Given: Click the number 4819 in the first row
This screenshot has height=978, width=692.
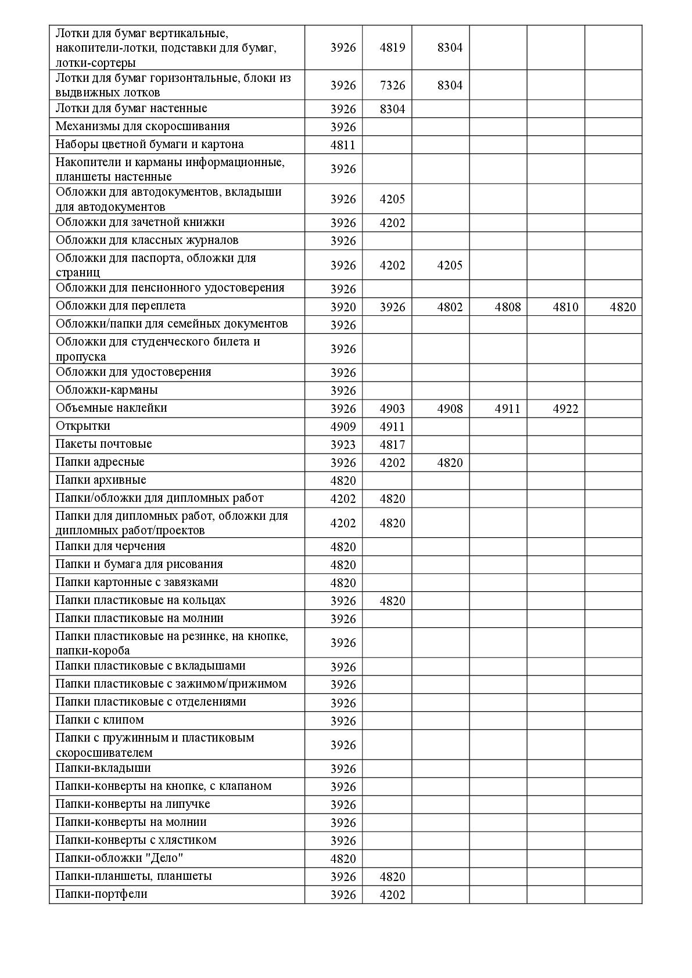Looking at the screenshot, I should pyautogui.click(x=392, y=48).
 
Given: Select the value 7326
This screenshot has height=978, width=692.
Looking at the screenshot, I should pyautogui.click(x=392, y=85).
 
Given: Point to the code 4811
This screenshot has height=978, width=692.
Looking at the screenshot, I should pyautogui.click(x=343, y=145).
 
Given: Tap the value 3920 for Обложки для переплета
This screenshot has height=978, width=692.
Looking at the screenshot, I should pyautogui.click(x=343, y=307).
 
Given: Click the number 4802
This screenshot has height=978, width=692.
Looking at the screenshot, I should pyautogui.click(x=450, y=307).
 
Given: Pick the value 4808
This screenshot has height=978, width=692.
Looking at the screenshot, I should pyautogui.click(x=507, y=307).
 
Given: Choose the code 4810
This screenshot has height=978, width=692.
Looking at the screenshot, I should pyautogui.click(x=565, y=307).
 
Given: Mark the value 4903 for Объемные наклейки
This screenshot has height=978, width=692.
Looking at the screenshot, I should pyautogui.click(x=392, y=409).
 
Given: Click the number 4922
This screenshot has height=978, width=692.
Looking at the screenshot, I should pyautogui.click(x=565, y=409).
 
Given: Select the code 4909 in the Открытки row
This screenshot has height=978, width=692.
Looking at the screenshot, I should pyautogui.click(x=343, y=427).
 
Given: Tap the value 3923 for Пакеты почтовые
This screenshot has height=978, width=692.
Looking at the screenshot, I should pyautogui.click(x=343, y=445).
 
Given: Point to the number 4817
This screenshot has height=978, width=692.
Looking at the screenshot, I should pyautogui.click(x=392, y=445).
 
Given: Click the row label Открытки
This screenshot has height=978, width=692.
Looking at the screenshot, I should pyautogui.click(x=83, y=426).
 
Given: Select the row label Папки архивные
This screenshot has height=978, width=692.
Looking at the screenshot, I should pyautogui.click(x=101, y=480).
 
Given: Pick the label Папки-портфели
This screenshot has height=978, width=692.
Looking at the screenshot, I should pyautogui.click(x=101, y=894).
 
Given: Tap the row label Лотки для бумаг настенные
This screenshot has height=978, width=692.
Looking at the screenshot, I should pyautogui.click(x=131, y=109).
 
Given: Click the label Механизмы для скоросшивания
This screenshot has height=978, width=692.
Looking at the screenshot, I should pyautogui.click(x=142, y=127).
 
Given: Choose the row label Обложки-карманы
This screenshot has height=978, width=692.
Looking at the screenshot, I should pyautogui.click(x=106, y=390).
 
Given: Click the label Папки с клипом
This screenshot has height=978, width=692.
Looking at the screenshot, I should pyautogui.click(x=99, y=720).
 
